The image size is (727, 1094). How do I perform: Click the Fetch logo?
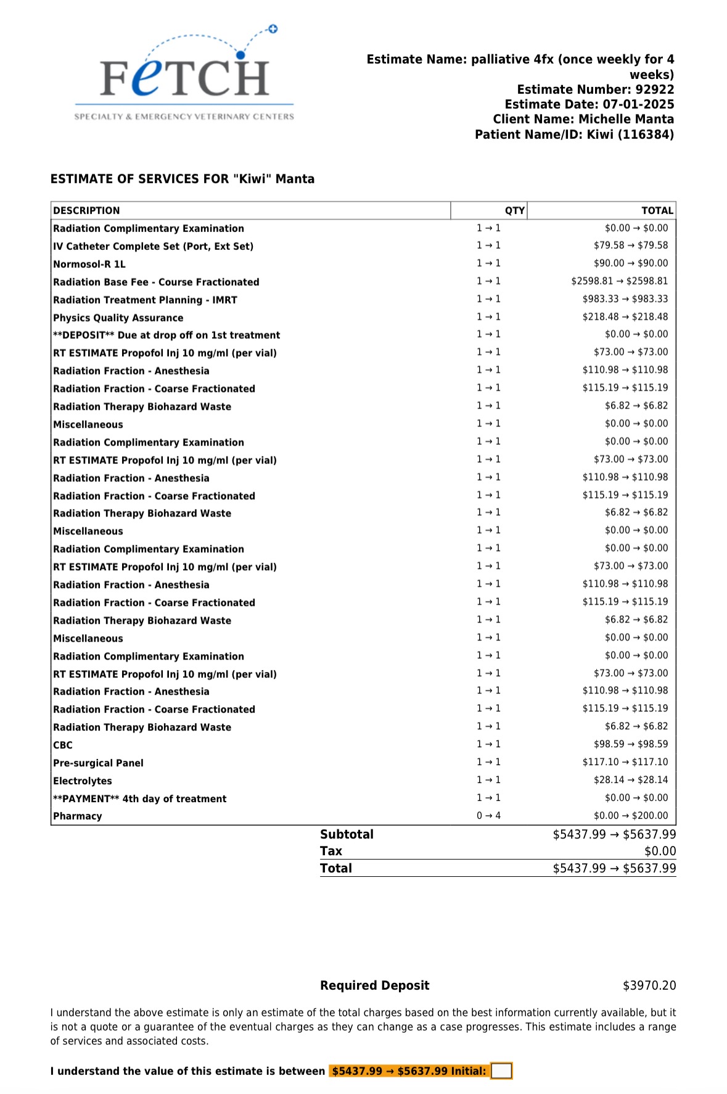[184, 74]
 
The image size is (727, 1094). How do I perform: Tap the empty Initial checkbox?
[501, 1071]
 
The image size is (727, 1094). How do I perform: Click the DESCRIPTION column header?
[86, 210]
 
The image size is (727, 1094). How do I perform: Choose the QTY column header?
[514, 210]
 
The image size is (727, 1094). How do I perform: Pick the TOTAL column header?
[657, 210]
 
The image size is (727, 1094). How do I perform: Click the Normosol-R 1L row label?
[89, 264]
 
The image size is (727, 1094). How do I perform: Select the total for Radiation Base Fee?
[619, 281]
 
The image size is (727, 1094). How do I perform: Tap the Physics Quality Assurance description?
[118, 318]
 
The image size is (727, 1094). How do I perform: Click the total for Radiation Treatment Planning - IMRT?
[625, 299]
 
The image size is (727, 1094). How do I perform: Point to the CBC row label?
[63, 745]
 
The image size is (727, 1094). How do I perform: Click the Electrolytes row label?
[83, 781]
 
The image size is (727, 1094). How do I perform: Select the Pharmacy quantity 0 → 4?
[488, 816]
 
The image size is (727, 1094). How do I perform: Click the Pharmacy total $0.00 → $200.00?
[630, 816]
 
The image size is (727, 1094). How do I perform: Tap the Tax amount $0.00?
[660, 852]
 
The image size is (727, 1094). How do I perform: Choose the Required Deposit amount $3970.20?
[649, 985]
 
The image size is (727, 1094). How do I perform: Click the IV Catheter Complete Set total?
[630, 246]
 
